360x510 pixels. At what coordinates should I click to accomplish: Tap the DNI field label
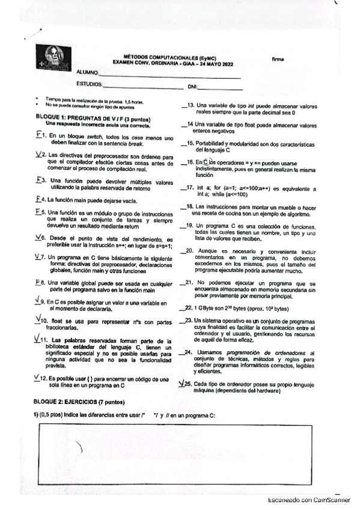(193, 87)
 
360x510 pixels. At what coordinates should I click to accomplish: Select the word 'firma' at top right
(278, 59)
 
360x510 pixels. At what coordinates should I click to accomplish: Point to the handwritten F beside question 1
(38, 135)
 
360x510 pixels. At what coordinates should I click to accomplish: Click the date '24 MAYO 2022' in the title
(218, 63)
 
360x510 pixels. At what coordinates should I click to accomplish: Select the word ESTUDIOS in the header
(89, 85)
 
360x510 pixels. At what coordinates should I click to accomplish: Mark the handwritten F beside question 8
(38, 282)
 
